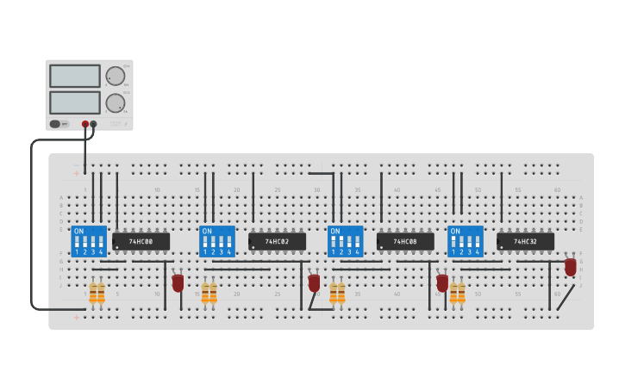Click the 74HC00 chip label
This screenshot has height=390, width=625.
pyautogui.click(x=141, y=242)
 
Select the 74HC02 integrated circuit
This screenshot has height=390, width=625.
pyautogui.click(x=277, y=242)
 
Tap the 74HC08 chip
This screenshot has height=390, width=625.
pyautogui.click(x=405, y=242)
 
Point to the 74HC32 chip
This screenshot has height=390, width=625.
pyautogui.click(x=525, y=242)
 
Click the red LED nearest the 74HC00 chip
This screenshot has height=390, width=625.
pyautogui.click(x=178, y=282)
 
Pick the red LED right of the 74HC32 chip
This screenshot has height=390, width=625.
pyautogui.click(x=571, y=267)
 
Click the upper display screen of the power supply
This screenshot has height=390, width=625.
pyautogui.click(x=75, y=76)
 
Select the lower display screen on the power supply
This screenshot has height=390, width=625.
pyautogui.click(x=75, y=102)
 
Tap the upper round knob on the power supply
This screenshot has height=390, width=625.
pyautogui.click(x=115, y=77)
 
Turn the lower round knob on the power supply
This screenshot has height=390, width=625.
pyautogui.click(x=115, y=103)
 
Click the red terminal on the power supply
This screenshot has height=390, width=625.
pyautogui.click(x=85, y=124)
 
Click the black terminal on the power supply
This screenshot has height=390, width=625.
pyautogui.click(x=93, y=124)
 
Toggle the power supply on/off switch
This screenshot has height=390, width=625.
pyautogui.click(x=55, y=124)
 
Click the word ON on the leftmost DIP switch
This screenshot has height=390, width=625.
pyautogui.click(x=78, y=232)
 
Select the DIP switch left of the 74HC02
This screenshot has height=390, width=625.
pyautogui.click(x=217, y=241)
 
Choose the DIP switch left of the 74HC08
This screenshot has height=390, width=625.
pyautogui.click(x=346, y=241)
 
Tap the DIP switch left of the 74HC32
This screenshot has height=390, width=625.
pyautogui.click(x=466, y=241)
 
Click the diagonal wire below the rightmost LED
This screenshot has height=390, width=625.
pyautogui.click(x=566, y=297)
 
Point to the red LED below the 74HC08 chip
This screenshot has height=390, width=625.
pyautogui.click(x=442, y=282)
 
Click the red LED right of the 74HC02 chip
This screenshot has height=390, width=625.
pyautogui.click(x=314, y=282)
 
